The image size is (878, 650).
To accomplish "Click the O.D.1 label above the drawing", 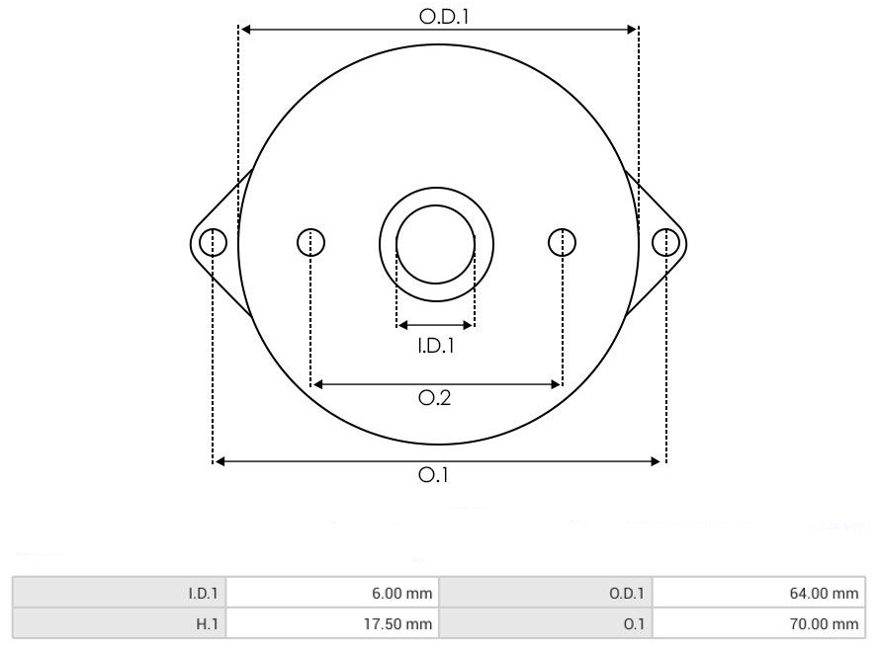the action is [x=444, y=16].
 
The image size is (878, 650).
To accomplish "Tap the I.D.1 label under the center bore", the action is [x=436, y=346].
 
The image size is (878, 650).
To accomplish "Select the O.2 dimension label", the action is [x=434, y=398].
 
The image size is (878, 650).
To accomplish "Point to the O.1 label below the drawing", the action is [x=433, y=475].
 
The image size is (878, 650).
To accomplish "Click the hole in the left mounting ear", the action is [x=213, y=242].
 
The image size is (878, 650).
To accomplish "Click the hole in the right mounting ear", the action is [x=665, y=242].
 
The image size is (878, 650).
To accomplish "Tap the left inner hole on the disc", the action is [x=310, y=242].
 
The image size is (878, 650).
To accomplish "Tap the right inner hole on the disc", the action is [x=562, y=242].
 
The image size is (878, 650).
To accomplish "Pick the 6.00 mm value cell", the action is [x=332, y=593].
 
